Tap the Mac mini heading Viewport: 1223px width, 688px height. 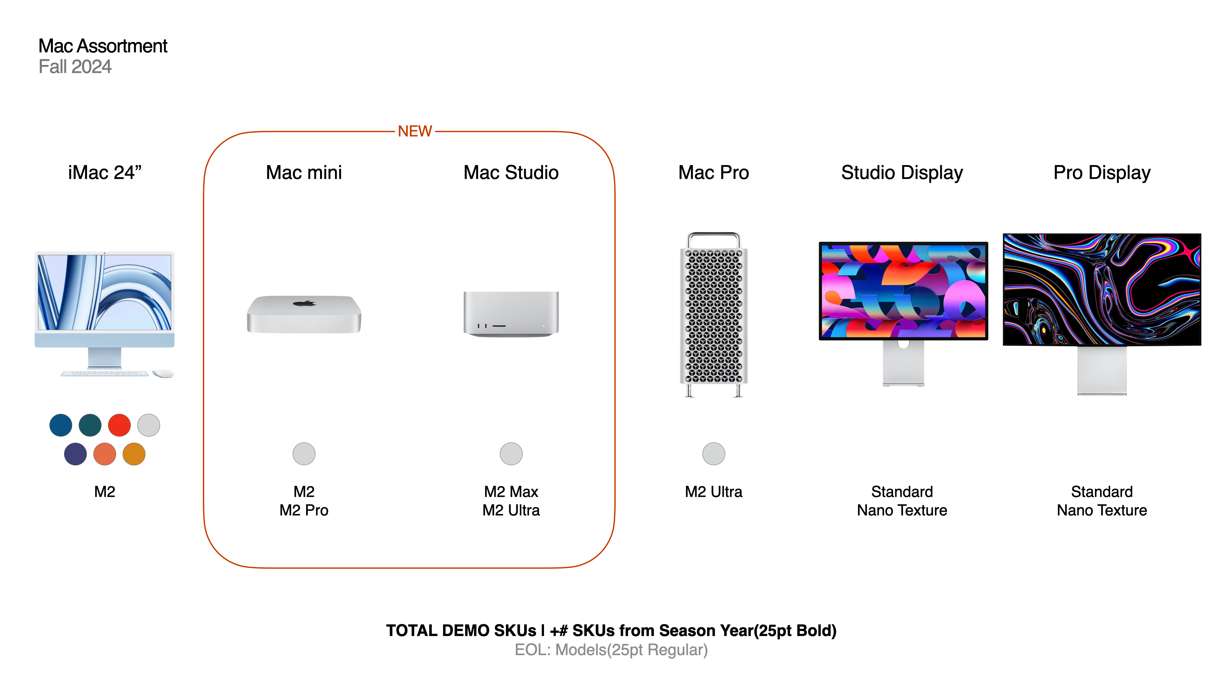[304, 172]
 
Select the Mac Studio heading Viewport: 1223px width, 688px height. [511, 172]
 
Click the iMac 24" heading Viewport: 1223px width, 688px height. [105, 172]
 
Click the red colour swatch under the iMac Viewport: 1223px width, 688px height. [119, 425]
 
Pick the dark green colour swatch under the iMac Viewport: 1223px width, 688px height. [90, 425]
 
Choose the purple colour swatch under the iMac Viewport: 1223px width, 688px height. [75, 454]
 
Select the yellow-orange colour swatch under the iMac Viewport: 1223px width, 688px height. [134, 454]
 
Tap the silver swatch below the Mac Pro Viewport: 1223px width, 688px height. [713, 454]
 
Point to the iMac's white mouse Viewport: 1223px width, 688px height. [163, 374]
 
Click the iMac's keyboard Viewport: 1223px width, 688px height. [104, 374]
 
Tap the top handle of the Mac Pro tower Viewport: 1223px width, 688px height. [713, 234]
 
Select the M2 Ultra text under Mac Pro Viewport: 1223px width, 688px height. [713, 491]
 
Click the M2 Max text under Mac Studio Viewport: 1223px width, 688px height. [511, 491]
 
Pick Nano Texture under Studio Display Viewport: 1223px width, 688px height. [902, 510]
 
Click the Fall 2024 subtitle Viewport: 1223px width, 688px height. [75, 67]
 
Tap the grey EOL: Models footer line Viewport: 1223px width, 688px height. [611, 649]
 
